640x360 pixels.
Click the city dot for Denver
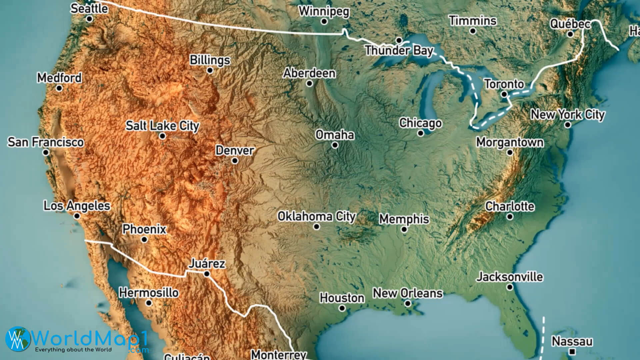click(235, 161)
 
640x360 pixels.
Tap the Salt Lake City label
click(162, 126)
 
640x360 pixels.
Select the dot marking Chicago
click(421, 133)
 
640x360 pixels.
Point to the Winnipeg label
click(324, 11)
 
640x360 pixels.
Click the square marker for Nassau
click(572, 351)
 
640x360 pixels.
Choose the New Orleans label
click(408, 293)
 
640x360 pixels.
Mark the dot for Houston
click(342, 308)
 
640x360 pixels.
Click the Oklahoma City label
click(317, 216)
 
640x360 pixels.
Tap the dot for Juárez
click(207, 274)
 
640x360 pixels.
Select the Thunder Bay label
click(399, 51)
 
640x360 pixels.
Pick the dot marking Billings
click(210, 70)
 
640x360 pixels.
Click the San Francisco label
click(46, 142)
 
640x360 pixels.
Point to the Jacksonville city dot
click(510, 287)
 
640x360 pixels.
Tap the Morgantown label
click(510, 142)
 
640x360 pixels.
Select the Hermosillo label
click(149, 293)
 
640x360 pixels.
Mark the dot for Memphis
click(404, 229)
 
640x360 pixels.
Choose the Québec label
click(570, 24)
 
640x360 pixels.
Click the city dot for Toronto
click(504, 94)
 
